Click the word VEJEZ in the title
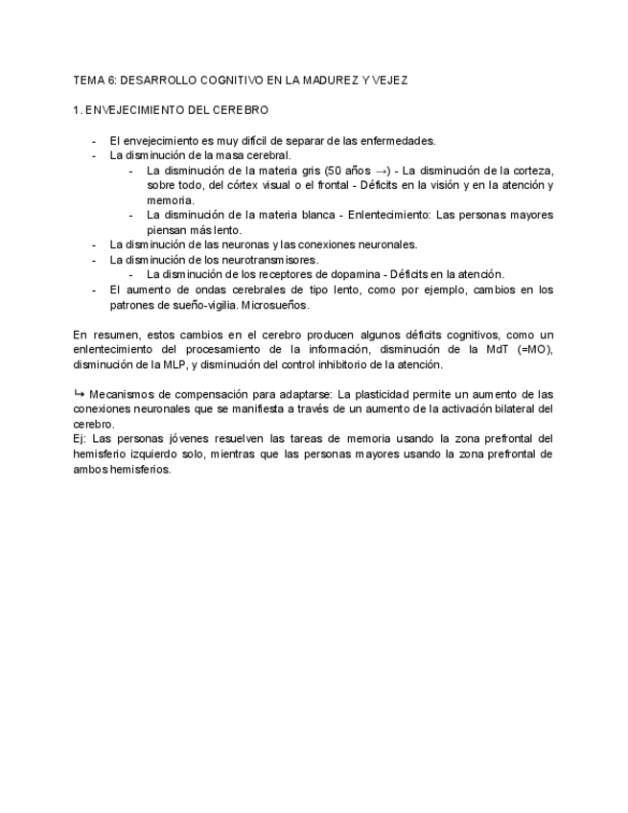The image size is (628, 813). [388, 81]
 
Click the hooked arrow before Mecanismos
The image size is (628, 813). [79, 394]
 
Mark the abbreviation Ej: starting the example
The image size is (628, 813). [80, 439]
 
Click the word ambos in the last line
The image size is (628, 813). [89, 470]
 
